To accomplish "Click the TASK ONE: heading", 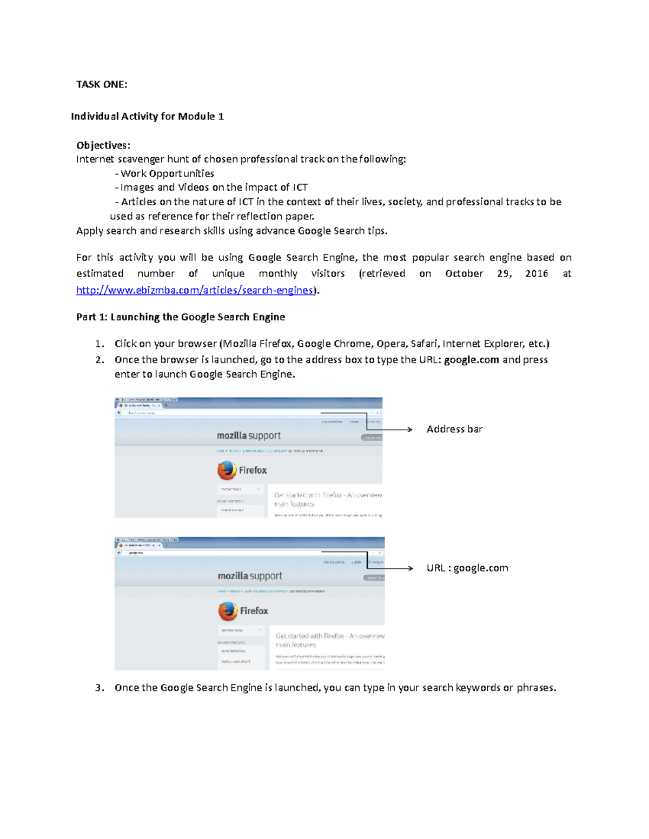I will pyautogui.click(x=102, y=84).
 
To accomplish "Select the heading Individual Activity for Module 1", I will pyautogui.click(x=147, y=117).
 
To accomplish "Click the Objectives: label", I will pyautogui.click(x=103, y=145).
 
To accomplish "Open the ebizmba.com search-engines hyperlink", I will pyautogui.click(x=195, y=290).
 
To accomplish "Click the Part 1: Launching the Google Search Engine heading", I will pyautogui.click(x=181, y=317).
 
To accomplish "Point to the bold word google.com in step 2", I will pyautogui.click(x=471, y=360).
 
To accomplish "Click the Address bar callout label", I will pyautogui.click(x=454, y=429).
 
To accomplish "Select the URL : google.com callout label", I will pyautogui.click(x=467, y=568).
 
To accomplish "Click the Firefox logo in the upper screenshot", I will pyautogui.click(x=227, y=470).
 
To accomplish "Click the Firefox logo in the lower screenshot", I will pyautogui.click(x=228, y=611).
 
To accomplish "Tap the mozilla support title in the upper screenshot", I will pyautogui.click(x=249, y=435).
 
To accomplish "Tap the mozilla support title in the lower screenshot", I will pyautogui.click(x=250, y=576).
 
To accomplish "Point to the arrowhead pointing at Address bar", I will pyautogui.click(x=410, y=429).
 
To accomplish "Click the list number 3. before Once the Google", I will pyautogui.click(x=99, y=688).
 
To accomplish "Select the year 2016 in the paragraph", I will pyautogui.click(x=537, y=273).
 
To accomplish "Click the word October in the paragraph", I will pyautogui.click(x=464, y=273).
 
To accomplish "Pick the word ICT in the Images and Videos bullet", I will pyautogui.click(x=300, y=187).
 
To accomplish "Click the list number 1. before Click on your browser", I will pyautogui.click(x=99, y=344).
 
